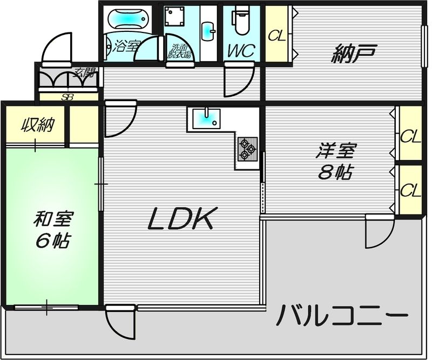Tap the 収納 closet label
click(x=37, y=126)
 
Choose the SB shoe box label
click(x=67, y=97)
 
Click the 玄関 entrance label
click(x=83, y=70)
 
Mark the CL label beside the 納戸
click(x=277, y=36)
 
